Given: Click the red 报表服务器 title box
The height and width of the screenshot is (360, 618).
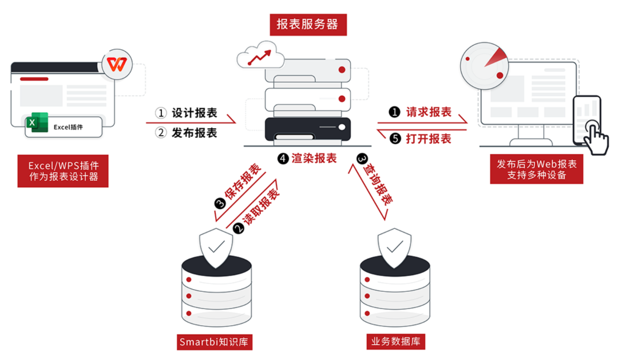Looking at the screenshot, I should pos(307,25).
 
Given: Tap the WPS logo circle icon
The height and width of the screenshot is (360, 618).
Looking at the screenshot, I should pos(117,65).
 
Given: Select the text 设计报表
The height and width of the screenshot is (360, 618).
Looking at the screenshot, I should pos(194,113).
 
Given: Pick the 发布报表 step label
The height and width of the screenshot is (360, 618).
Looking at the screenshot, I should pos(194,133).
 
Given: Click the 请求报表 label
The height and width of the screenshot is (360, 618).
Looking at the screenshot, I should pos(429,112).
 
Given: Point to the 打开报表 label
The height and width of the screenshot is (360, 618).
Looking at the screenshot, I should pos(429,139).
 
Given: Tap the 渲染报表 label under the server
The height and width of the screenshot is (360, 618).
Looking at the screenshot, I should pos(314,159).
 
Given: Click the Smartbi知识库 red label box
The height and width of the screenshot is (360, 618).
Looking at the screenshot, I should pos(215,342).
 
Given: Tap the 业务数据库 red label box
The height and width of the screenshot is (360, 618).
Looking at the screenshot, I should pos(395,342).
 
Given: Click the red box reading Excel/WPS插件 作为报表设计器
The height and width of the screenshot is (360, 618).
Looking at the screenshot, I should pos(64,171).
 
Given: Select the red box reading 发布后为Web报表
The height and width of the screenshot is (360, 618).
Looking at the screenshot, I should pos(536,169).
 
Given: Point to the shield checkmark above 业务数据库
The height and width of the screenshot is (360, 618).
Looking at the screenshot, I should pos(394,248).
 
